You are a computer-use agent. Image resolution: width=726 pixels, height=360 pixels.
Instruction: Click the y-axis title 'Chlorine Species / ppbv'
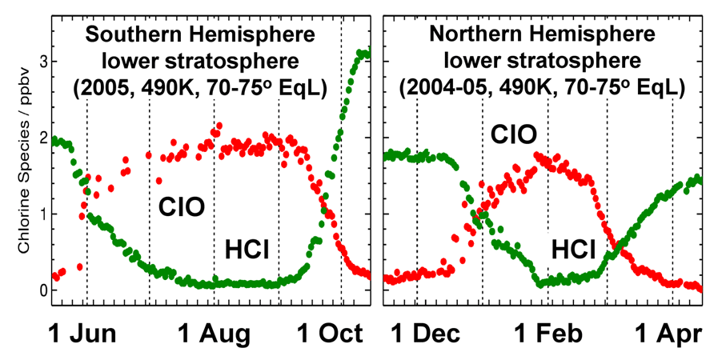(24, 158)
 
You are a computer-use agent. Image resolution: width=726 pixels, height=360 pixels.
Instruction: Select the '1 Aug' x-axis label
(215, 333)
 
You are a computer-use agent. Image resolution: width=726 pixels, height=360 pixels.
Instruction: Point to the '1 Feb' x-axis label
(547, 333)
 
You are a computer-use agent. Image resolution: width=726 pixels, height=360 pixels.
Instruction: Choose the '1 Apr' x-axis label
(667, 333)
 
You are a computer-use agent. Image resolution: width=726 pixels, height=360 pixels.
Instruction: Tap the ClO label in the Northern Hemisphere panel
(513, 133)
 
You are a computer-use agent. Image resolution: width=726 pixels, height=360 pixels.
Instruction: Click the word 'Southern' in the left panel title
(140, 34)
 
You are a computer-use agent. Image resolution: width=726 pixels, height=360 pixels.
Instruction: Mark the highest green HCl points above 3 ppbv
(363, 54)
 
